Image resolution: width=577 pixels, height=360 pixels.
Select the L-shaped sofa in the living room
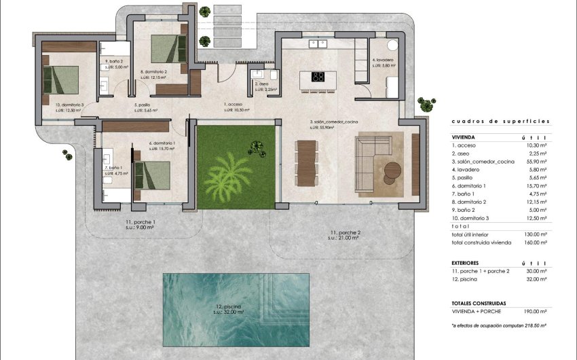pyautogui.click(x=370, y=159)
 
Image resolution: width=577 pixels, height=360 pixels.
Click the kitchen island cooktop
pyautogui.click(x=317, y=77)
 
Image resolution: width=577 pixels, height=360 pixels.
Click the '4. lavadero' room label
pyautogui.click(x=383, y=60)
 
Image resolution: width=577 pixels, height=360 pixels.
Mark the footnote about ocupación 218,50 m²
pyautogui.click(x=500, y=326)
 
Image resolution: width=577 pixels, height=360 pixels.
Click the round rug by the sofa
pyautogui.click(x=394, y=170)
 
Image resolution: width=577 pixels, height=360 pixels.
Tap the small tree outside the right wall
pyautogui.click(x=426, y=104)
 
